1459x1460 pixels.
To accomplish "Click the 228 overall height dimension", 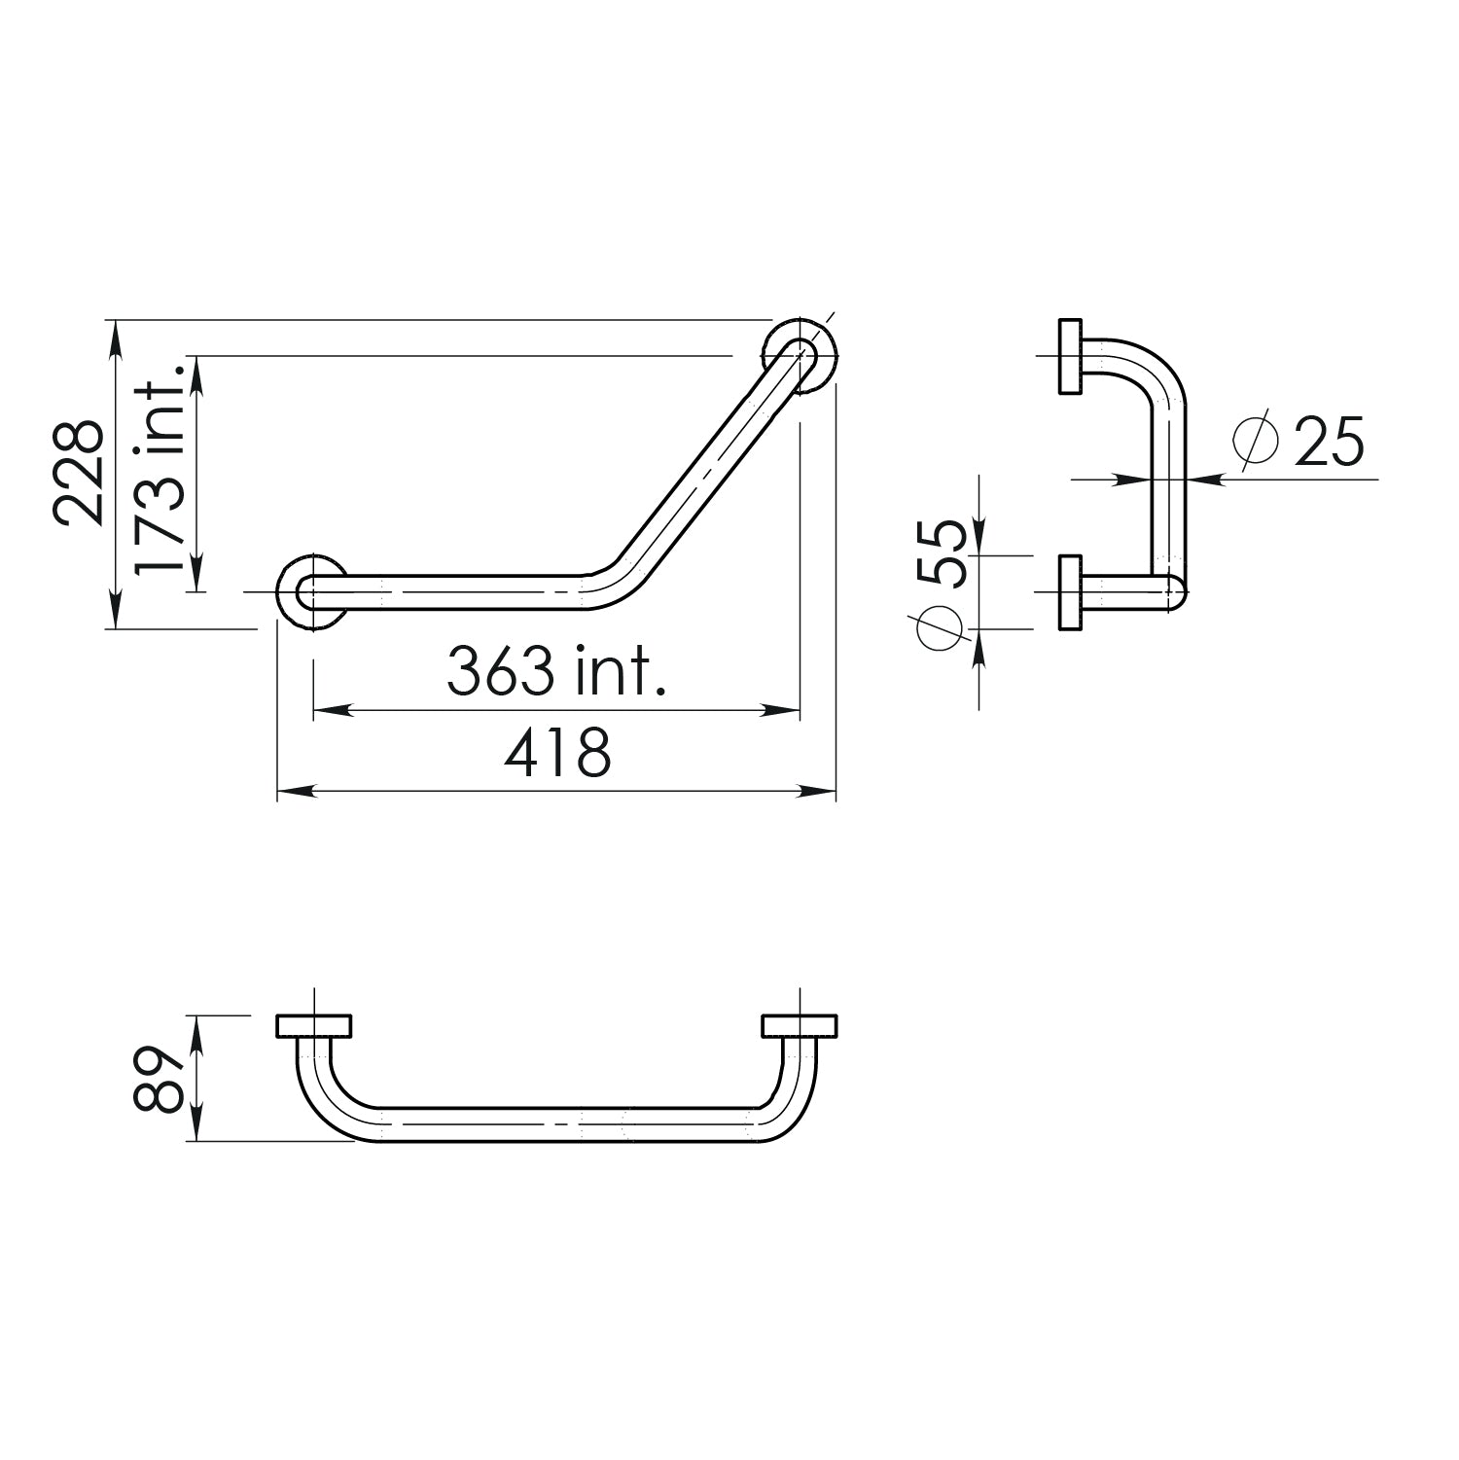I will click(x=78, y=473).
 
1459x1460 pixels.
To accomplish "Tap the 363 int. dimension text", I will click(x=556, y=671).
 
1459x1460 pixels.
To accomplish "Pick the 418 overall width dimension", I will click(x=557, y=752).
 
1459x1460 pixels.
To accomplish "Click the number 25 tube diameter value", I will click(x=1330, y=442).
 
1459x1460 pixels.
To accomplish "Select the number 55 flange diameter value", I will click(x=943, y=552).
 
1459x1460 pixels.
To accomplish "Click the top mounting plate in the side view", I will click(x=1070, y=356).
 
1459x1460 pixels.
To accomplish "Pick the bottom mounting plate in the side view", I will click(x=1070, y=592).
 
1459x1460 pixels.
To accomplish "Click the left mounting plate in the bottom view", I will click(x=314, y=1026).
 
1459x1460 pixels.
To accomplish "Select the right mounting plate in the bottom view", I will click(x=800, y=1026).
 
